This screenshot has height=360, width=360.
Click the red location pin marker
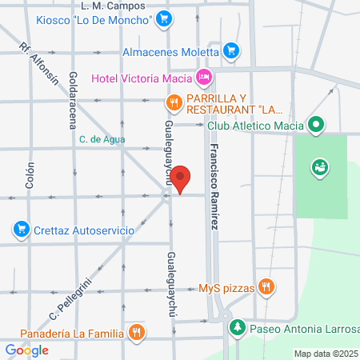[182, 179]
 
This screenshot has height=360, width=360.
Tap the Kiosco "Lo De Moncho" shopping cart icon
[163, 18]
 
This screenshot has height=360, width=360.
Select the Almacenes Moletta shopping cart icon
[231, 50]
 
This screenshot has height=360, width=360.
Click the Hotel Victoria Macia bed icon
[205, 78]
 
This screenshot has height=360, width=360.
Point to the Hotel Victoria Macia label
[142, 78]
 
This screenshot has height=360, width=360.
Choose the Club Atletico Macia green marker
[316, 125]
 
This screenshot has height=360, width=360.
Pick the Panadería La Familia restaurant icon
[138, 330]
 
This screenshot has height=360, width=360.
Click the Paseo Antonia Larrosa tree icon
[237, 328]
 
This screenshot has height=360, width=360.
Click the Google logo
[26, 350]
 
